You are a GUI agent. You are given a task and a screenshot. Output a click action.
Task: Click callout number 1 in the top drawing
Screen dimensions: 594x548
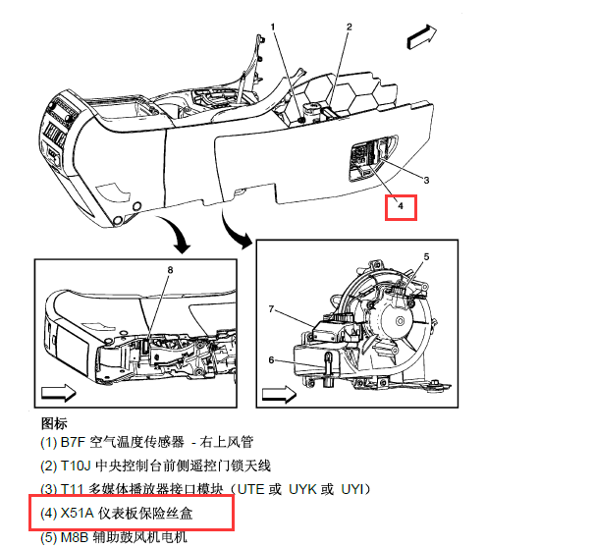point(273,27)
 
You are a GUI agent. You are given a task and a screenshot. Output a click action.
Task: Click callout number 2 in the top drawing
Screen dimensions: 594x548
point(350,27)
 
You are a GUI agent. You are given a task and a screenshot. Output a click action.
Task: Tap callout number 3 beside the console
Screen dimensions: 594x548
point(426,181)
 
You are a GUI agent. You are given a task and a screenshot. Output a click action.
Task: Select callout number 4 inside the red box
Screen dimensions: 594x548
point(401,206)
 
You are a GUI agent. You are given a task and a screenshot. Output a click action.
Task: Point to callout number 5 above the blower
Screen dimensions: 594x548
point(426,257)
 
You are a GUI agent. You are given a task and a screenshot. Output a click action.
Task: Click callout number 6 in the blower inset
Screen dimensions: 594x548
point(271,359)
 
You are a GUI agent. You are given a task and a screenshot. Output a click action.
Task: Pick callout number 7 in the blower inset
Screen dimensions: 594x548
point(271,309)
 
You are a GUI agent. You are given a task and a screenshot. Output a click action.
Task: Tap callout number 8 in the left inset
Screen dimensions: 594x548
point(170,270)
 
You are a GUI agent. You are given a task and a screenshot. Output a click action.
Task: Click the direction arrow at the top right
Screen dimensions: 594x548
point(421,37)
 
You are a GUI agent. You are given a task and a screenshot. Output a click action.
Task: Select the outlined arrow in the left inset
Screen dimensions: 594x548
point(58,393)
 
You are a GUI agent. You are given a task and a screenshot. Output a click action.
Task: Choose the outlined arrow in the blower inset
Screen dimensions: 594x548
point(279,395)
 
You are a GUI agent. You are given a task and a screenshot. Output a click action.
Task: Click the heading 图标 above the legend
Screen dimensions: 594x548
point(54,423)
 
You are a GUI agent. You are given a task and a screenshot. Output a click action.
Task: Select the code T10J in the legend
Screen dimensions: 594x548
point(76,466)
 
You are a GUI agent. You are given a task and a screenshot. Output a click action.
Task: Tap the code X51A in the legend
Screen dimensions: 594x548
point(77,513)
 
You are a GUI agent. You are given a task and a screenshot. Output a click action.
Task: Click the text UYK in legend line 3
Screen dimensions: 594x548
point(303,489)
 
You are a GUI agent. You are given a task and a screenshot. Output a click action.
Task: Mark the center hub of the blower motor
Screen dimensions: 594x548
point(400,321)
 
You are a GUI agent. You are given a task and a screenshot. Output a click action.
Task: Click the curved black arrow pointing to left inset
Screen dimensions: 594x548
point(175,233)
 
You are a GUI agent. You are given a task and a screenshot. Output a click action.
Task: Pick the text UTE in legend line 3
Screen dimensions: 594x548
point(250,489)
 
